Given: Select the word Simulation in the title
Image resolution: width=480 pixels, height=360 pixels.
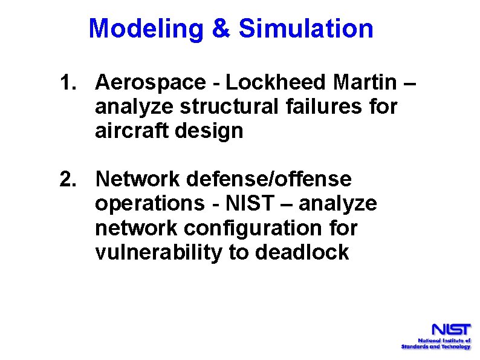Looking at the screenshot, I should pos(306,28).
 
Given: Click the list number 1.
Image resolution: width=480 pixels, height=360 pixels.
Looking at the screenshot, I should pos(68,82).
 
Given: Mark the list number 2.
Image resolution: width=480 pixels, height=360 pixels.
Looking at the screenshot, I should pos(68,180).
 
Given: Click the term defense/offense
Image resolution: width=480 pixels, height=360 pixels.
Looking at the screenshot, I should pos(269,180).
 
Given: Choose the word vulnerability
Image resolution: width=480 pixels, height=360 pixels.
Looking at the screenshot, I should pos(158,253).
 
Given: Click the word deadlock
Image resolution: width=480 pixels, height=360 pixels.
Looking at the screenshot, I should pos(302,253).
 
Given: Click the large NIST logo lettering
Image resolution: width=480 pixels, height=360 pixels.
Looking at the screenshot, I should pos(450,331).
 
